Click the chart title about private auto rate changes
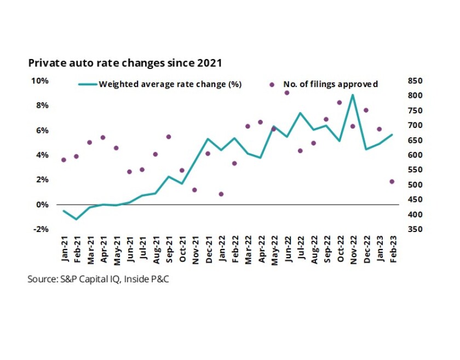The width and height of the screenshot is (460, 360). click(x=125, y=63)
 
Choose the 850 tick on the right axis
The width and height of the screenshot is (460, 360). click(x=416, y=81)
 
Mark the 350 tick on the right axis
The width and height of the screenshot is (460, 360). click(x=416, y=229)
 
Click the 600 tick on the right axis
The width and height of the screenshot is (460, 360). click(x=416, y=155)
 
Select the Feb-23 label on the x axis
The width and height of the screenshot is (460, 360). click(x=392, y=249)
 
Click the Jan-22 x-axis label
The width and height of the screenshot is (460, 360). click(x=222, y=249)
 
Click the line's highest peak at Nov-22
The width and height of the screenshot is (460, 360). click(x=353, y=95)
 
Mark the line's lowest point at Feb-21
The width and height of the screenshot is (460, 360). click(x=77, y=219)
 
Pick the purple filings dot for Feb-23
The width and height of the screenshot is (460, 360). click(x=392, y=182)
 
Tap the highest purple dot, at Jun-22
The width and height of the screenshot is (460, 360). click(x=287, y=93)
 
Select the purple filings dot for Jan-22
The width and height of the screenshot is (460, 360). click(x=221, y=194)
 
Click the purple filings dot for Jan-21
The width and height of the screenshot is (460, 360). click(x=64, y=160)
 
